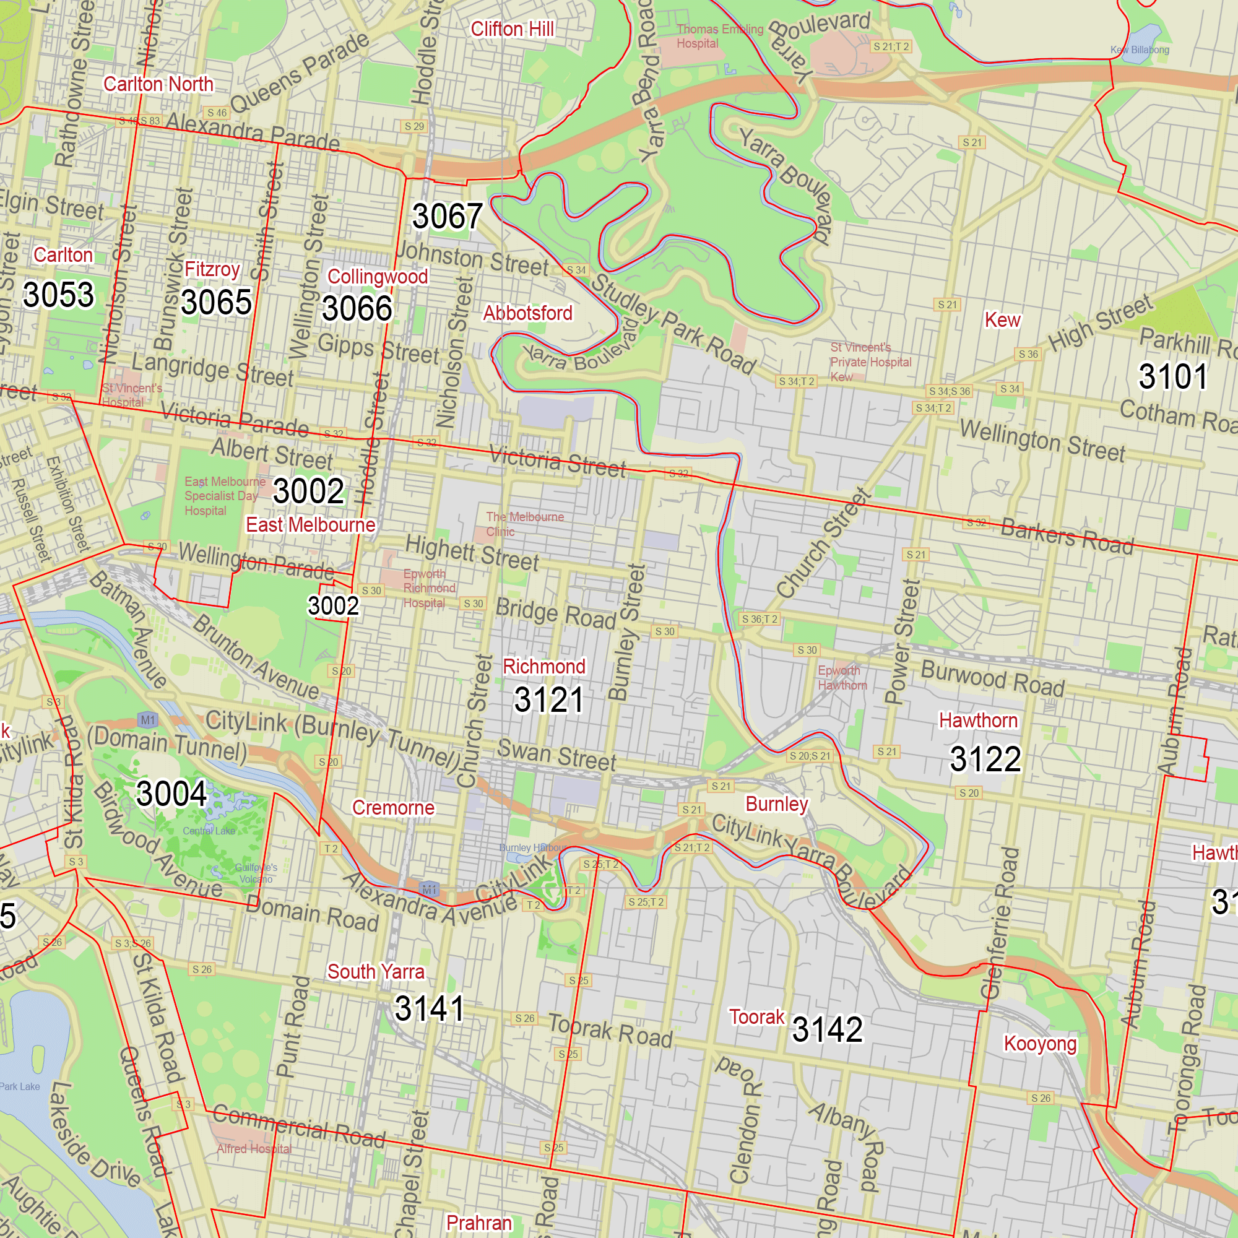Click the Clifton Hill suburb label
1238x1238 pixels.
click(512, 30)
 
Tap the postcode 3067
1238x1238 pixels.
click(448, 216)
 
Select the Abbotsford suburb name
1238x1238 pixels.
click(527, 313)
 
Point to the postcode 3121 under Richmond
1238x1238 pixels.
click(549, 699)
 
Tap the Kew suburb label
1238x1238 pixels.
click(1002, 320)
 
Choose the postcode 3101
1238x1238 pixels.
click(1172, 376)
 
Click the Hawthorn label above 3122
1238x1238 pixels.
click(978, 721)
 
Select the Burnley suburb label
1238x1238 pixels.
click(777, 803)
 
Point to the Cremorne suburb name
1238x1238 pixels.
click(393, 808)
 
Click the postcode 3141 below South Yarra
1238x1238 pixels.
click(430, 1008)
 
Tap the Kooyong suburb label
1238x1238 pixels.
click(1040, 1043)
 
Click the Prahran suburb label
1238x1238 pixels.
click(478, 1223)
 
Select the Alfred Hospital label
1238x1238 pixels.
click(254, 1149)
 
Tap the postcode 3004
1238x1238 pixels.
click(171, 794)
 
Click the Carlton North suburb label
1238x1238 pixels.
click(158, 84)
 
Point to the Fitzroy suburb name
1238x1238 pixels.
click(212, 269)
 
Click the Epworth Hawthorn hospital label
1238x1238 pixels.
click(841, 677)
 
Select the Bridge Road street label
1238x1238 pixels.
click(556, 613)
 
